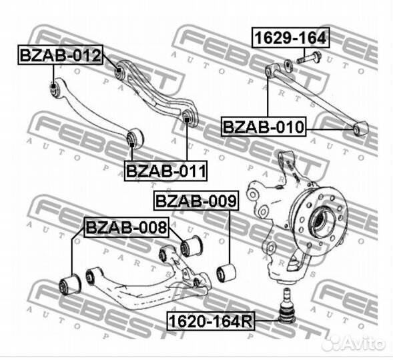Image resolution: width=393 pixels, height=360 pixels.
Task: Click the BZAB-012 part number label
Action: point(61,55)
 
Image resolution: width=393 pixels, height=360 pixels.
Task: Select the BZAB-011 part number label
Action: point(165,171)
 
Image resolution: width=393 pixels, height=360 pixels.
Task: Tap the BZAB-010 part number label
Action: point(264,127)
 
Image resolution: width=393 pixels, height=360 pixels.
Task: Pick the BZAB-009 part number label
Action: point(196,201)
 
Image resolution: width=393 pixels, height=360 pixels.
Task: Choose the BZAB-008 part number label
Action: point(126,227)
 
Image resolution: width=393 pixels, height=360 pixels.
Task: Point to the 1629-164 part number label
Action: point(291,37)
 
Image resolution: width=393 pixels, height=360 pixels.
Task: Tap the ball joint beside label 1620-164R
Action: point(288,307)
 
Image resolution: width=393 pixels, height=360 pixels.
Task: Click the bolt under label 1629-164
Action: point(310,58)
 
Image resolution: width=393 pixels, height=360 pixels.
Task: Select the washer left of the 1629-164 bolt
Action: point(288,65)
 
